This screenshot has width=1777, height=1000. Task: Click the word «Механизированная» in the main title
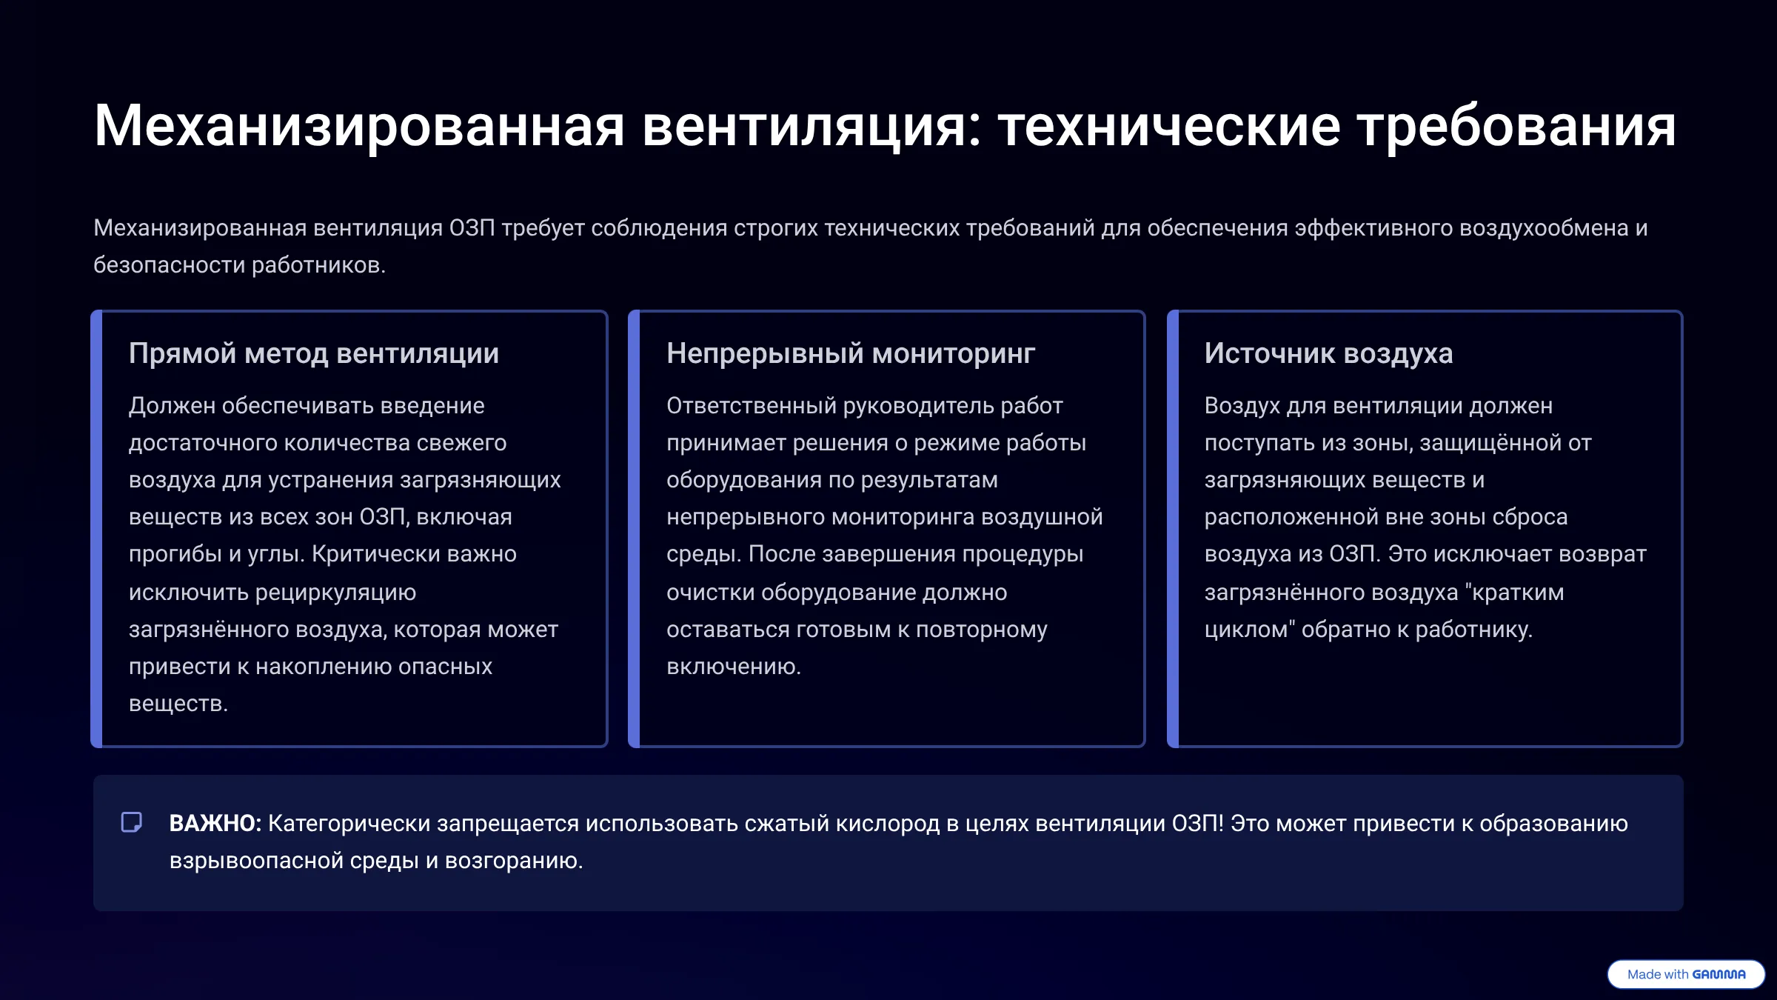click(360, 127)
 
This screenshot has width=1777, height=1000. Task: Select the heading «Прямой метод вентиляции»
click(314, 354)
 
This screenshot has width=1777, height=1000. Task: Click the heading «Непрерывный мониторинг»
click(851, 354)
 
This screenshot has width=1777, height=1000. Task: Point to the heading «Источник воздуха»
click(1328, 354)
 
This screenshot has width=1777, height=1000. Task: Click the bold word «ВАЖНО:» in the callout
click(215, 824)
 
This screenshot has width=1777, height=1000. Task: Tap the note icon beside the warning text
click(132, 822)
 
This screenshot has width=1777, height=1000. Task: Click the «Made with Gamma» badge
click(1686, 974)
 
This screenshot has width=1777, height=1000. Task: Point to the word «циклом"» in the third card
click(1250, 630)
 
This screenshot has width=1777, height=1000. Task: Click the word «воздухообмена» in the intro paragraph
click(1544, 228)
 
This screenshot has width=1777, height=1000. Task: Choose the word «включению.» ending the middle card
click(734, 667)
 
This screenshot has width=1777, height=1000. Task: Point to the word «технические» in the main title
click(1170, 127)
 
